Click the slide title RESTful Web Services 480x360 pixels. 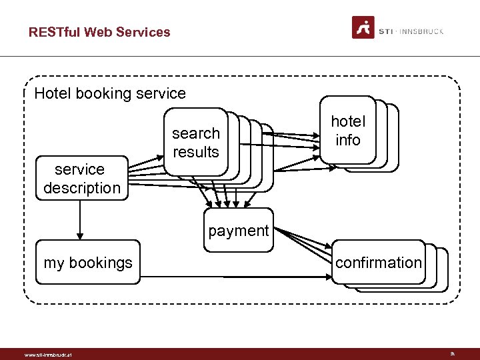(99, 32)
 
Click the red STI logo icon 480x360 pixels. (363, 28)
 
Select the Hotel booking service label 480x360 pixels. (110, 93)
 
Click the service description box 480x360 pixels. (81, 179)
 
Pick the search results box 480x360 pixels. (195, 143)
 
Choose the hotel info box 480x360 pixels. (347, 131)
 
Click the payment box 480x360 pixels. (238, 231)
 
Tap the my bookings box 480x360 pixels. (88, 263)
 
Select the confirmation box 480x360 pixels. (378, 263)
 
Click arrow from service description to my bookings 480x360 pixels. (80, 220)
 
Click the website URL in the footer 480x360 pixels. (47, 355)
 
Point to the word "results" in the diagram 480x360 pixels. (195, 152)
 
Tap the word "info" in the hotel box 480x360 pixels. (348, 140)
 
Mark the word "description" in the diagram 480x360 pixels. (82, 188)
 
